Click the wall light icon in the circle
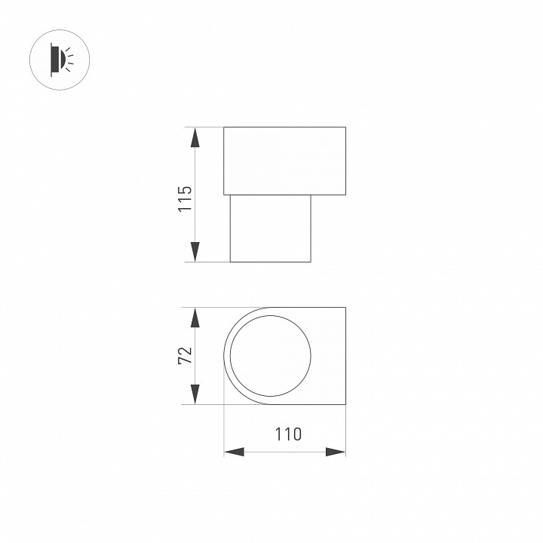coord(59,58)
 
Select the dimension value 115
coord(186,198)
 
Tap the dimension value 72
coord(186,355)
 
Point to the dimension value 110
coord(287,434)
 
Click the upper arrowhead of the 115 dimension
coord(195,137)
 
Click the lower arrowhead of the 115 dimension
coord(195,252)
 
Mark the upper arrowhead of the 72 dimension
coord(195,318)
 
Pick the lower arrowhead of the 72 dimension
coord(195,394)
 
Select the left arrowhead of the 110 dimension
coord(235,452)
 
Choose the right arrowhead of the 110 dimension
coord(336,452)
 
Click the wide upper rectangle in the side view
coord(284,161)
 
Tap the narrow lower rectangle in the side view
coord(270,229)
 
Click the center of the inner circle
coord(270,356)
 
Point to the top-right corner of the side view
coord(345,127)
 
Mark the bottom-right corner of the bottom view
coord(345,404)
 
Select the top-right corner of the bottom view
coord(345,308)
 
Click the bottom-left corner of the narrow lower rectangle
coord(230,262)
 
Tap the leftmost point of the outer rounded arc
coord(224,356)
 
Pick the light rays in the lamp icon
coord(69,58)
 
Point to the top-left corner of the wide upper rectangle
coord(224,127)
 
